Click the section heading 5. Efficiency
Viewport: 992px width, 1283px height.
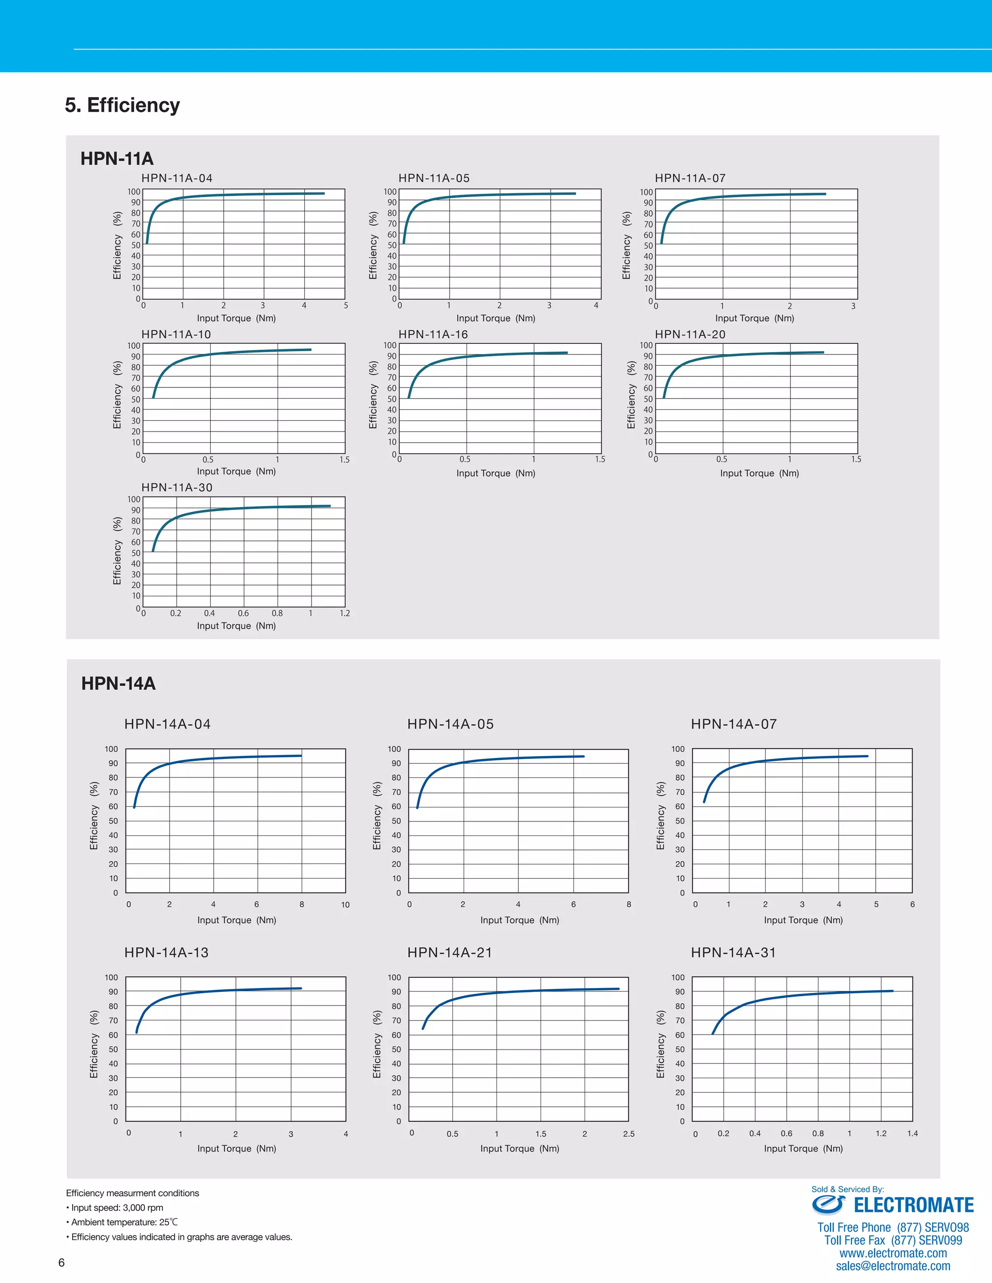(122, 105)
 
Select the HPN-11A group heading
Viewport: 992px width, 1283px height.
(117, 158)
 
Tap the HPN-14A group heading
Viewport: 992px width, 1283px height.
(118, 683)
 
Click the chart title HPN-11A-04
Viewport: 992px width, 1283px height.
(177, 178)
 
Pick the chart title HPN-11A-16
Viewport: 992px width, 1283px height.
(433, 334)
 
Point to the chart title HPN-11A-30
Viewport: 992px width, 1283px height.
(177, 488)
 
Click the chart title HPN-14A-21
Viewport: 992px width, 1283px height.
(449, 952)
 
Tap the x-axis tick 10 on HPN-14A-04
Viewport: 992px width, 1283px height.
(345, 905)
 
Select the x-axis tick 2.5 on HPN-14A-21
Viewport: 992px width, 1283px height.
(628, 1134)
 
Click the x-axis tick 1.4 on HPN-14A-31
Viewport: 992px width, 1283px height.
(912, 1133)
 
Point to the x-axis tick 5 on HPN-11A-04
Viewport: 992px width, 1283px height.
(345, 306)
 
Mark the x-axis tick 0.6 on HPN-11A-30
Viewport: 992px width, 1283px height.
(243, 613)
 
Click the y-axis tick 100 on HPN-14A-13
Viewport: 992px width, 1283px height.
(111, 977)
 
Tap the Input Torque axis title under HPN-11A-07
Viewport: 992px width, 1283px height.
(755, 318)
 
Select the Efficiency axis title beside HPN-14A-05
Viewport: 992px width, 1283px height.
(377, 816)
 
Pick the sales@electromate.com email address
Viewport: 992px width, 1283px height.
(893, 1266)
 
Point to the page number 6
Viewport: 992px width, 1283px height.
(61, 1263)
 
